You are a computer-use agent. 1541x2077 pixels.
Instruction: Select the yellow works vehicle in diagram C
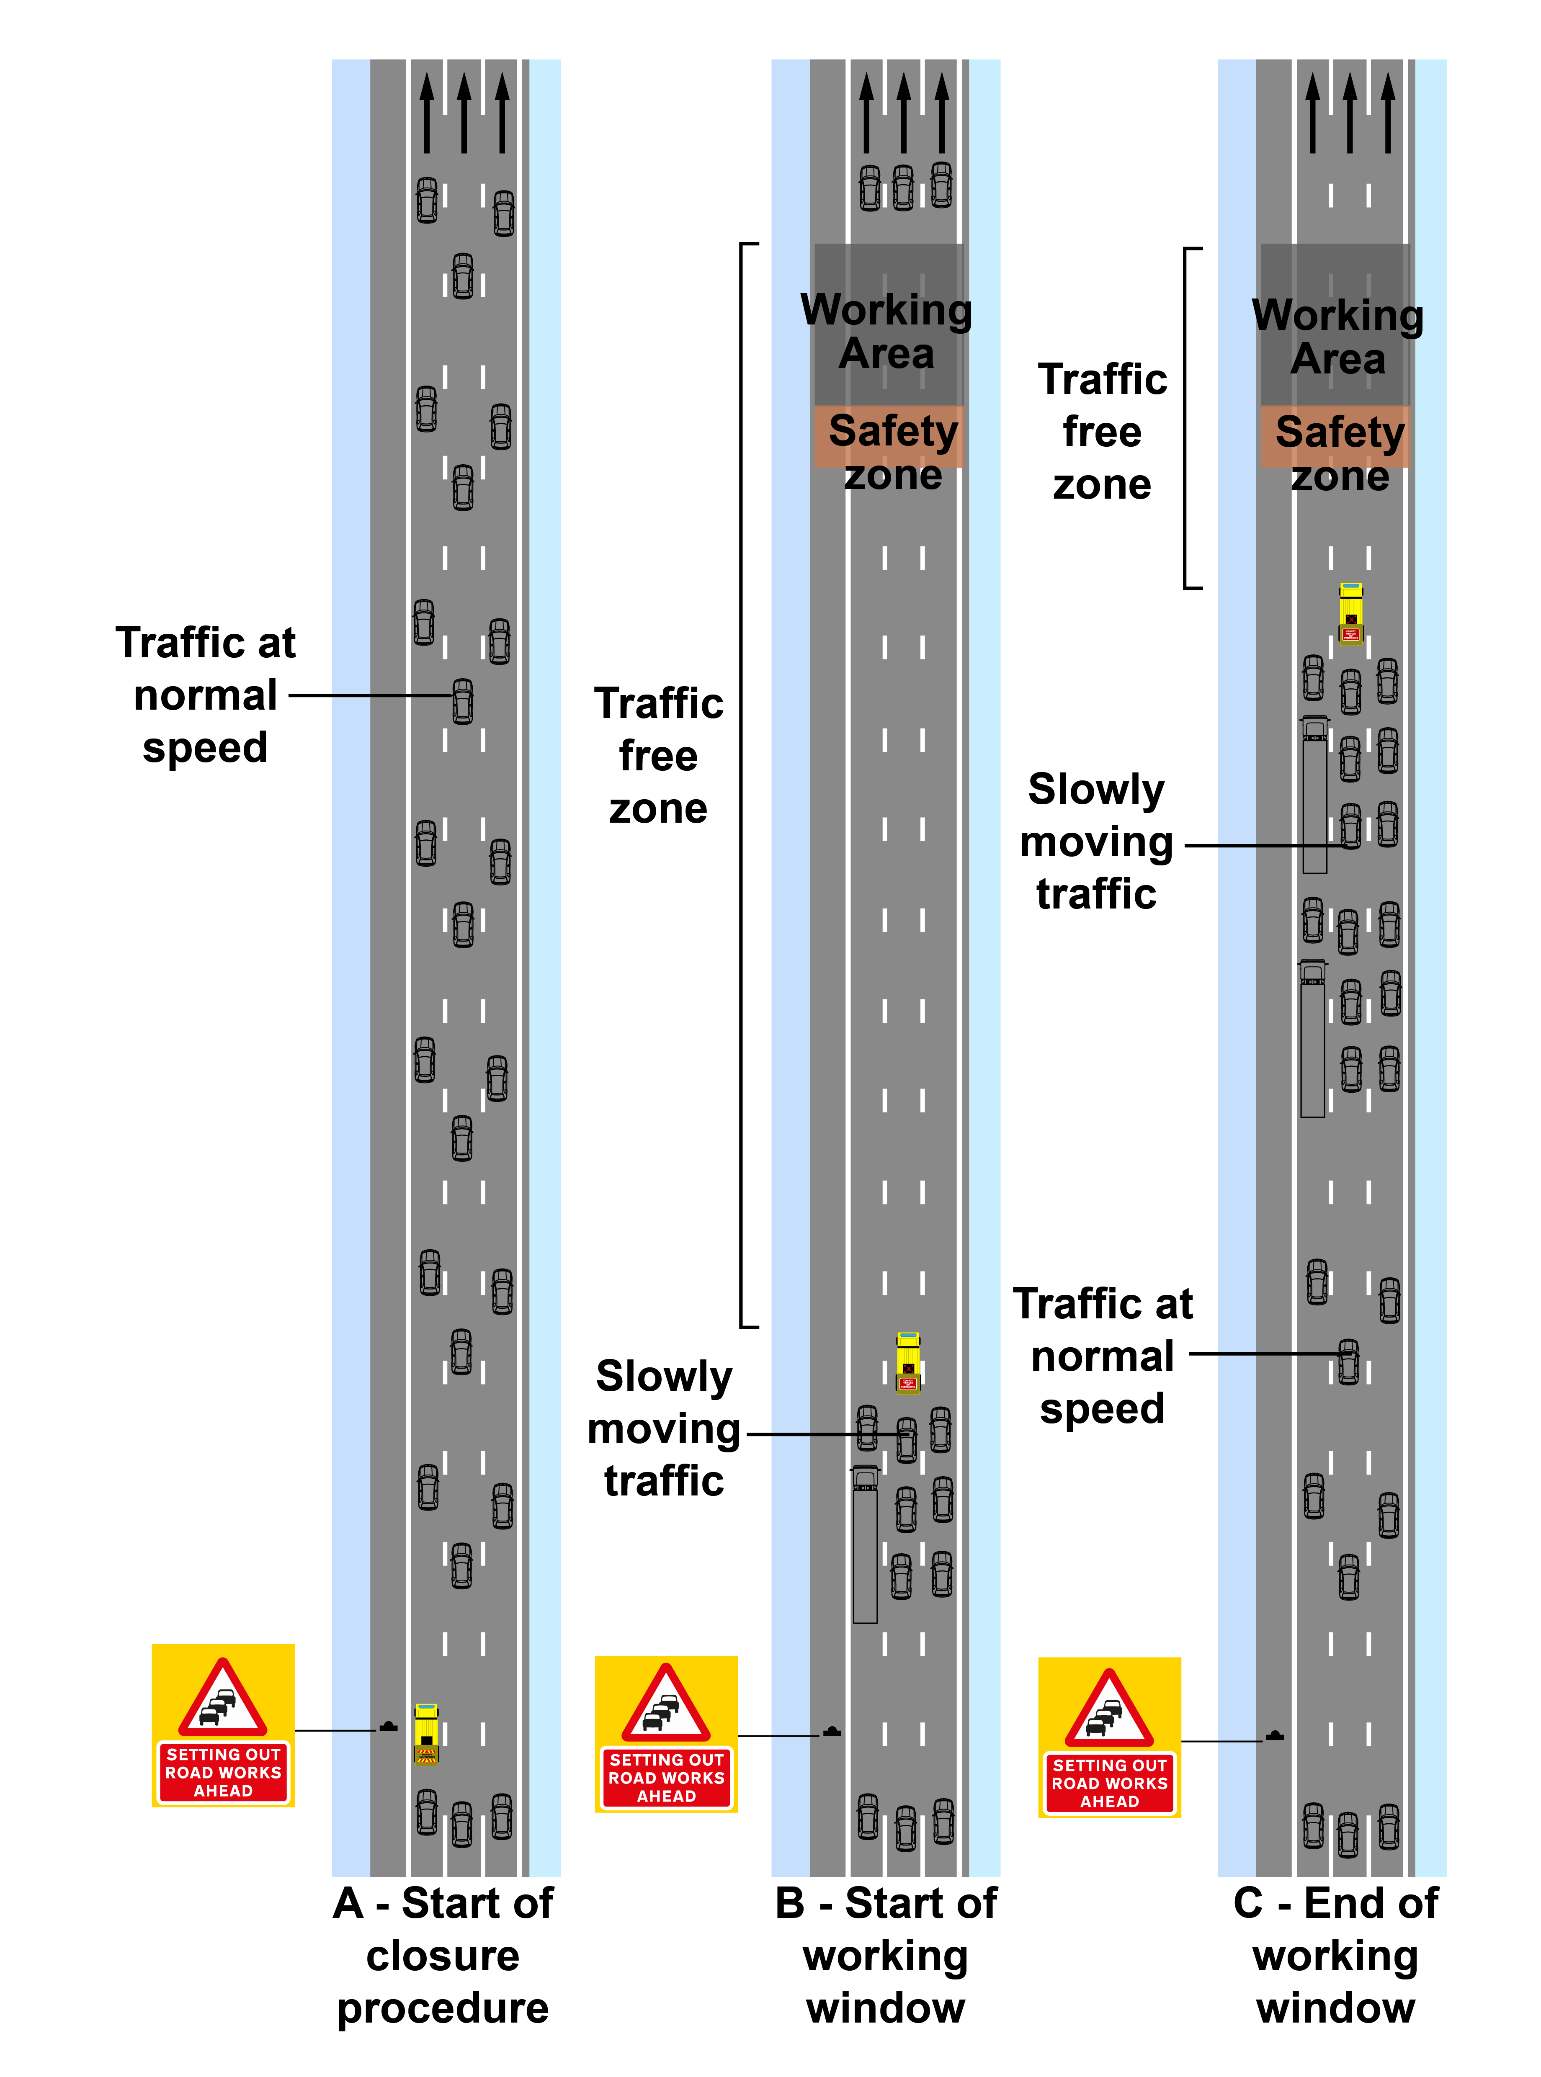1351,613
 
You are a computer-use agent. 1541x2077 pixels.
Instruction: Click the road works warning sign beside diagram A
223,1725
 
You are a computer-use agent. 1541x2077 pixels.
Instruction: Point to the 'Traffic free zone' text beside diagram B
659,755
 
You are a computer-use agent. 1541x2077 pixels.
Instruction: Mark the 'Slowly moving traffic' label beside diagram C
1096,841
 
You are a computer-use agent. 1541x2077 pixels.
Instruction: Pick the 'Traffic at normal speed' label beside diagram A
205,695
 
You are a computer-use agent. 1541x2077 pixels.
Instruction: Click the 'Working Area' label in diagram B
886,331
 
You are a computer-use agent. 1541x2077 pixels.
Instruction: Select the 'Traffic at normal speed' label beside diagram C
1103,1355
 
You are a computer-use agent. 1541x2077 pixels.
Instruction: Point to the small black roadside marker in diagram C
1275,1737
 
